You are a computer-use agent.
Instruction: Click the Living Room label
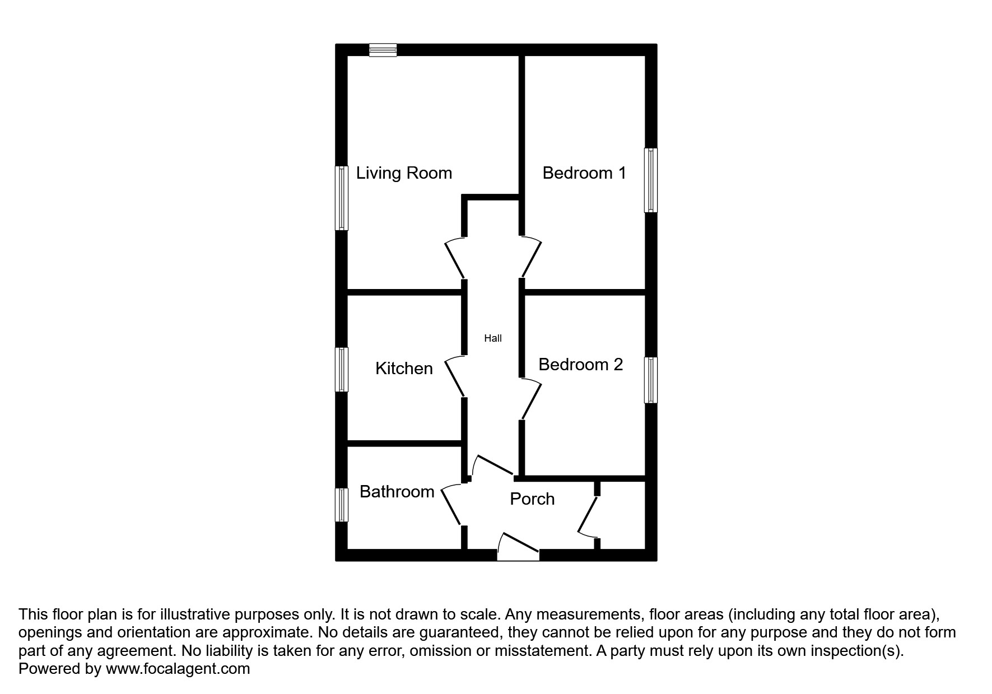404,173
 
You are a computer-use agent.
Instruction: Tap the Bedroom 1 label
584,173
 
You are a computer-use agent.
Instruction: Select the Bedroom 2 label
580,365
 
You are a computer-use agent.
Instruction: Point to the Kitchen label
404,369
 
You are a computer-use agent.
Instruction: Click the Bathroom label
397,492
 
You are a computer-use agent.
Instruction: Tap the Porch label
532,499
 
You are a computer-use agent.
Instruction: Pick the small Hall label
492,338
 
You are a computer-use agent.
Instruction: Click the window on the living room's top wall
383,50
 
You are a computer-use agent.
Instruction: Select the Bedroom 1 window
650,180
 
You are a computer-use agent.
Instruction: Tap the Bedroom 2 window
650,380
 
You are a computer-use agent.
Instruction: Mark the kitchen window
342,370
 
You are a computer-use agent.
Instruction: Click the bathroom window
342,505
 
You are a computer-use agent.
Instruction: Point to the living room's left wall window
342,198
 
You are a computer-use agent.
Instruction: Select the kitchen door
455,376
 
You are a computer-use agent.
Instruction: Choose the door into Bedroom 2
531,399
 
